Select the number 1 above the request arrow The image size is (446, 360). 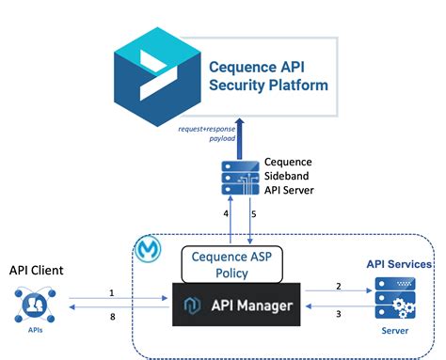[111, 291]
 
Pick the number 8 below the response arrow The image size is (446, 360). [111, 318]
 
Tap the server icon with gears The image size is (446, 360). [393, 300]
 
